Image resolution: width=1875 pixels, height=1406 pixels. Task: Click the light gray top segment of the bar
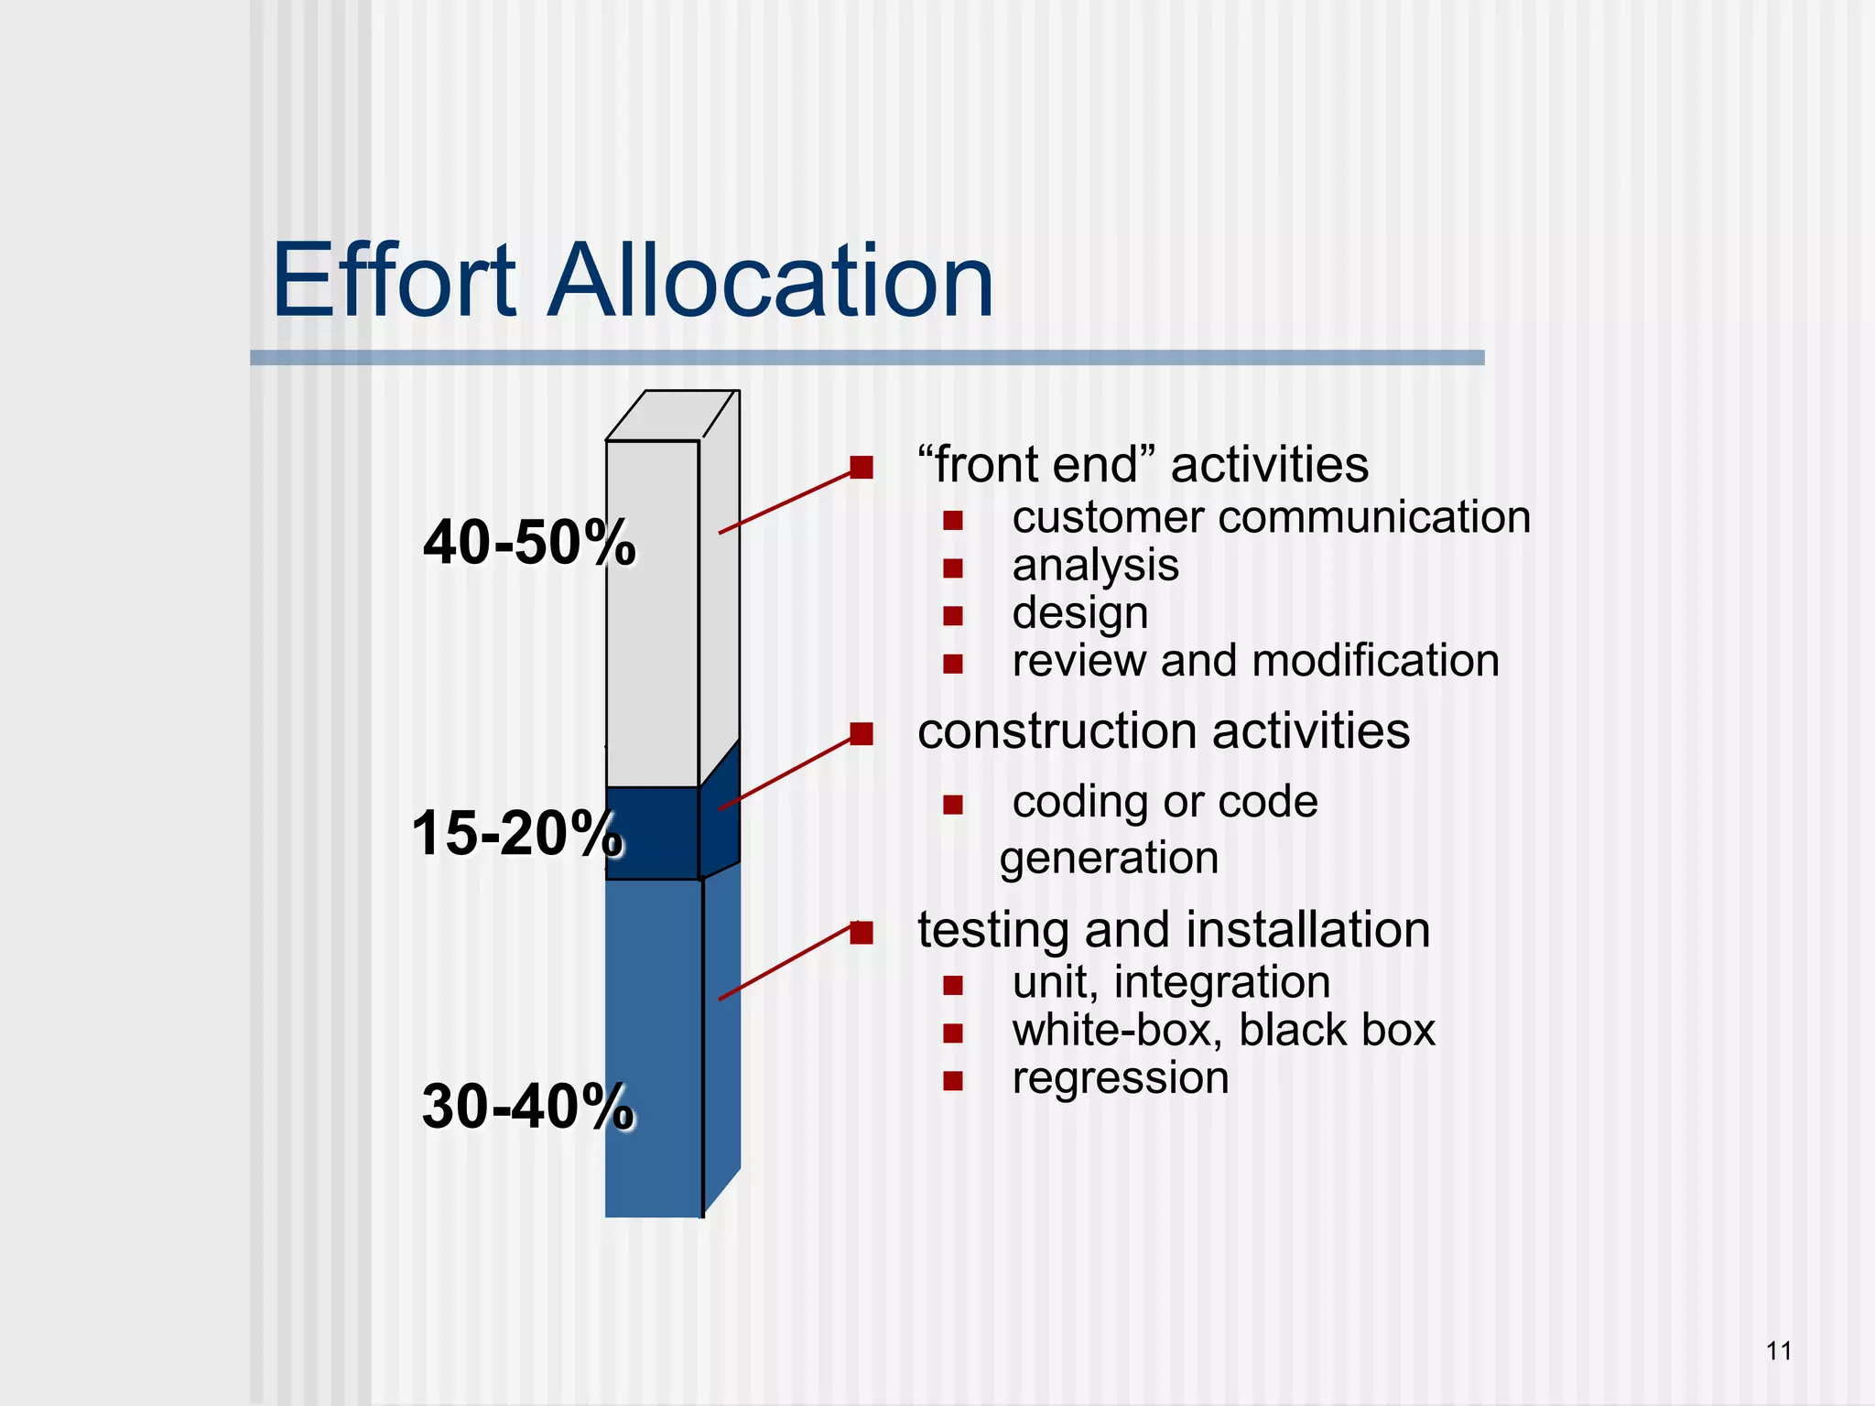tap(652, 613)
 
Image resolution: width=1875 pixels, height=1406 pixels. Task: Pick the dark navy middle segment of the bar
tap(652, 833)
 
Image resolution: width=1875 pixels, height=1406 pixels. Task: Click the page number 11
tap(1778, 1351)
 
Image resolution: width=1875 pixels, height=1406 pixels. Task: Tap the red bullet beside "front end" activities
tap(861, 468)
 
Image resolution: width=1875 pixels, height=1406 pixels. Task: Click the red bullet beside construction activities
tap(861, 733)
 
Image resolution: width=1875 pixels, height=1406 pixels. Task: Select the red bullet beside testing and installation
tap(861, 932)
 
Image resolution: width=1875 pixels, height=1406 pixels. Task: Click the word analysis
tap(1095, 566)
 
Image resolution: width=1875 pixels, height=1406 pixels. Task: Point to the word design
tap(1079, 613)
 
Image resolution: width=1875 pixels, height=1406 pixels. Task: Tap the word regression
tap(1120, 1078)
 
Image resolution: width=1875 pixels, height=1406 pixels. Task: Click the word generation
tap(1109, 859)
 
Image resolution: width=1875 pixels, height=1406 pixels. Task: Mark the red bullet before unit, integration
tap(953, 985)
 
